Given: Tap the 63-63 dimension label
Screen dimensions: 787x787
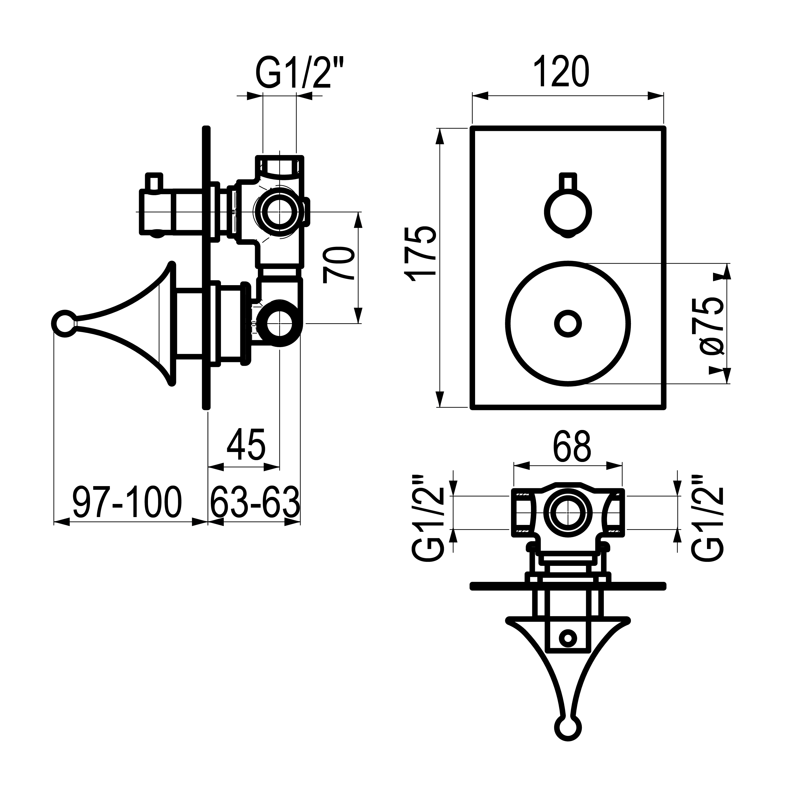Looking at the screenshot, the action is point(255,502).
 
